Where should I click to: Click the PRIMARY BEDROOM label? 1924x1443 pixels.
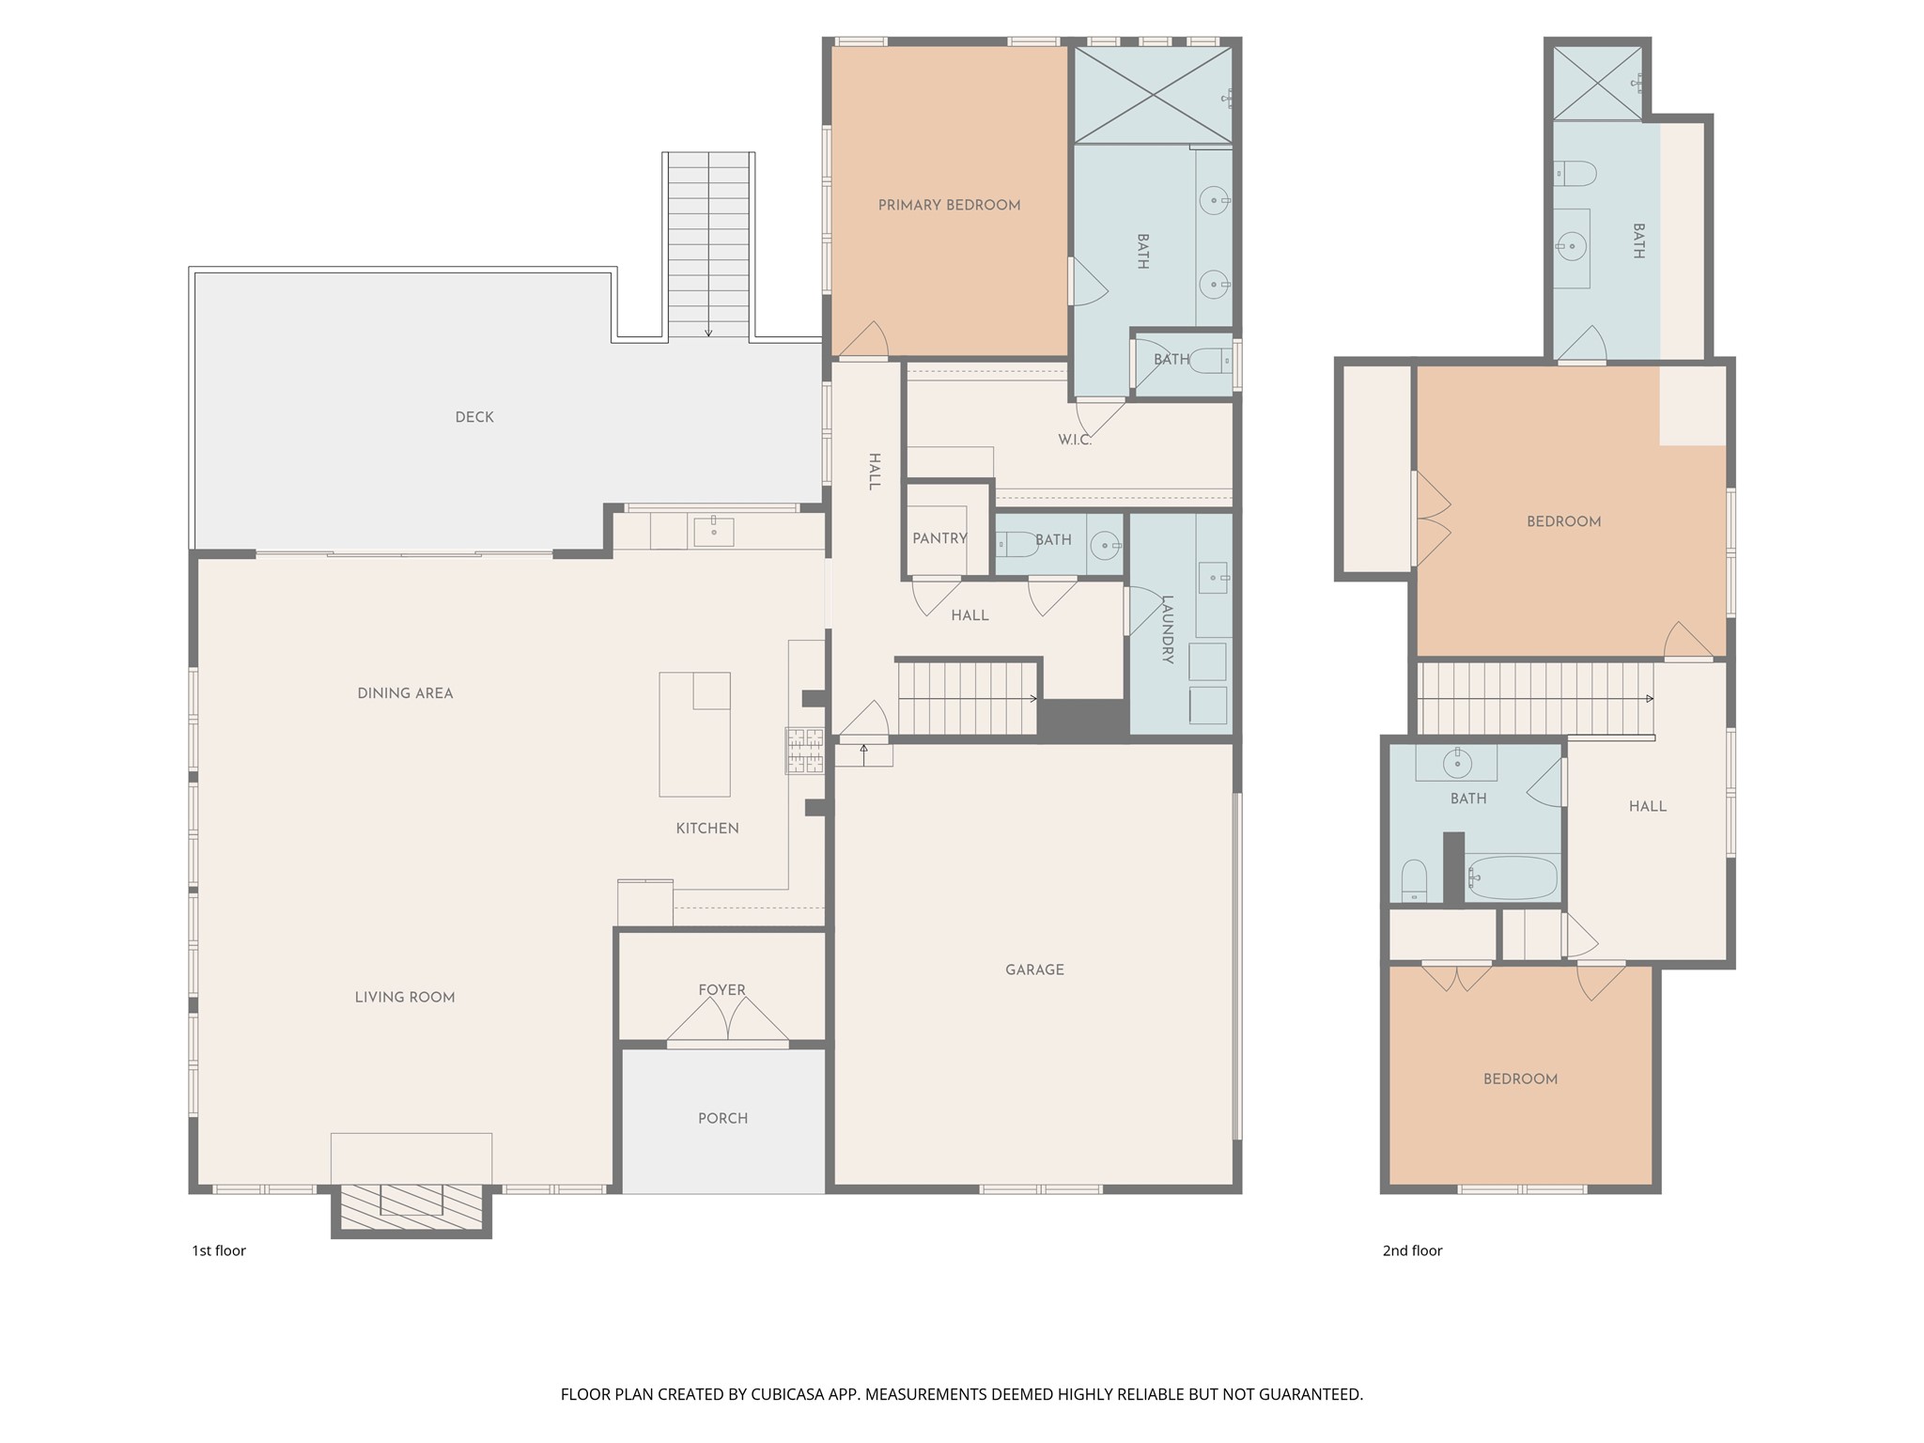(x=949, y=205)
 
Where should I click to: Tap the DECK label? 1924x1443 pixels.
(x=473, y=417)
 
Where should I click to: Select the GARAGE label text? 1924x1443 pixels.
(x=1034, y=970)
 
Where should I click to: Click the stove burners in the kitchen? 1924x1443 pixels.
(x=805, y=751)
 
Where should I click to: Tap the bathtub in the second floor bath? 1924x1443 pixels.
(x=1511, y=877)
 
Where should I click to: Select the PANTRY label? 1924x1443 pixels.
(x=939, y=538)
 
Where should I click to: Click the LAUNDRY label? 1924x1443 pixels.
(x=1168, y=629)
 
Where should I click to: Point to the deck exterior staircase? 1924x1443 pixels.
(x=708, y=244)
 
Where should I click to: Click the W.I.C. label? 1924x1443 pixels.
(x=1074, y=440)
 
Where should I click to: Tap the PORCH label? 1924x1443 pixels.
(x=722, y=1118)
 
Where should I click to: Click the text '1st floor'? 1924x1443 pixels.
(x=219, y=1250)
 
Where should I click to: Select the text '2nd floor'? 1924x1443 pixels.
(x=1412, y=1250)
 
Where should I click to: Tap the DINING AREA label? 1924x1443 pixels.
(x=405, y=693)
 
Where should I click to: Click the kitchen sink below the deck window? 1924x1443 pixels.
(x=714, y=532)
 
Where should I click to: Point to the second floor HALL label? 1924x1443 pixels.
(x=1647, y=806)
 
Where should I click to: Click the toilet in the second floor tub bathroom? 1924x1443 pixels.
(x=1413, y=881)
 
